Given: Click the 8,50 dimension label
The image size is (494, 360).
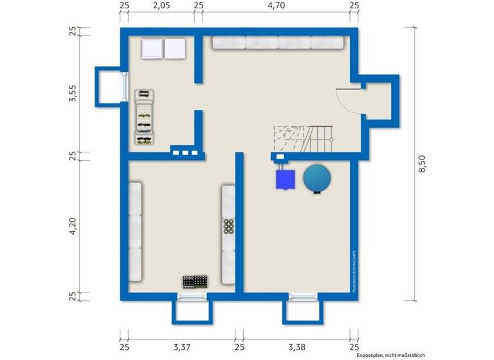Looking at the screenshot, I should (422, 164).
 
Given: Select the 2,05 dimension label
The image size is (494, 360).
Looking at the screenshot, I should (161, 5).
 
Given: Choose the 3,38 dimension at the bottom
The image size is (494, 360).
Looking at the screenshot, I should (297, 347).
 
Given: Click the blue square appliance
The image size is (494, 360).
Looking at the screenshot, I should (285, 178).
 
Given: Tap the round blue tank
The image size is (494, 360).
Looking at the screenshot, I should (317, 178).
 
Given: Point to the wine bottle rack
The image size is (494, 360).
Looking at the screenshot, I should (144, 117).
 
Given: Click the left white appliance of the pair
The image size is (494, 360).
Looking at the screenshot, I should (152, 49).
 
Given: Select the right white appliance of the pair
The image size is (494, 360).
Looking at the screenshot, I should (174, 49).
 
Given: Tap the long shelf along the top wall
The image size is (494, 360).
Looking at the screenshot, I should (277, 42).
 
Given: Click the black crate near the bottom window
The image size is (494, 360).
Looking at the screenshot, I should (196, 282).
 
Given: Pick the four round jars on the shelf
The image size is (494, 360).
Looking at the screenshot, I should (228, 226).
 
